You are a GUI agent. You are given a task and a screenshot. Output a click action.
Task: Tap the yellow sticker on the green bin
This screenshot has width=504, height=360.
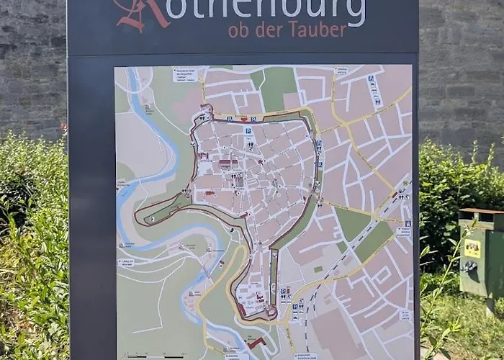[x=472, y=248]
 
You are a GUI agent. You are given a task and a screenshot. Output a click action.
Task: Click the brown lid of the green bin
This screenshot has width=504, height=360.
[x=480, y=215]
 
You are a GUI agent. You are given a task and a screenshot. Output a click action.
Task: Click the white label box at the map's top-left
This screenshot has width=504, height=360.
[x=184, y=75]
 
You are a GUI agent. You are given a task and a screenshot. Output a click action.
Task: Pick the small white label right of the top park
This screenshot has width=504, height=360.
[x=341, y=71]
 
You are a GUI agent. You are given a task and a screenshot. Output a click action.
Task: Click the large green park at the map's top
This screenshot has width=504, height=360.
[x=277, y=86]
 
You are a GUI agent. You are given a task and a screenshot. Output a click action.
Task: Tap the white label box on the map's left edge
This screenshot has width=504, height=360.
[x=126, y=263]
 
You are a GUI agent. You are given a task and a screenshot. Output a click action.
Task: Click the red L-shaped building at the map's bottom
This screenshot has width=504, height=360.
[x=256, y=343]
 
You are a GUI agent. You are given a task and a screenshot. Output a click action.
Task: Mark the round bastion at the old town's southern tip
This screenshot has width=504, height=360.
[x=270, y=312]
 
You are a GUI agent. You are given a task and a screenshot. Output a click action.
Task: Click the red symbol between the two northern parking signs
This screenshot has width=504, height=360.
[x=243, y=119]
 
